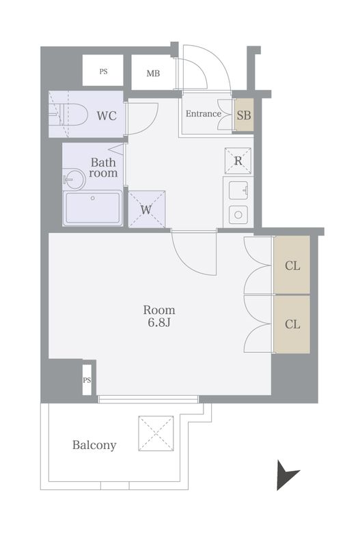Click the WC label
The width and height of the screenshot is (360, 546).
106,115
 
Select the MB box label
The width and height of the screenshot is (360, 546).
153,73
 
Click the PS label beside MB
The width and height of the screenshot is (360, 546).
103,71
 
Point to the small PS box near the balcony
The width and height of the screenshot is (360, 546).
87,380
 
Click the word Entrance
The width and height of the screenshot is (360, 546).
204,114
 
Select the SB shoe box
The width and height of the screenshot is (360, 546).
244,115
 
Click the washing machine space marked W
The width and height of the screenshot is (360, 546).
146,210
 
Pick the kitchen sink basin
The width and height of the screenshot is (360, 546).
238,189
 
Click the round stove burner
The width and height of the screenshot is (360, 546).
238,214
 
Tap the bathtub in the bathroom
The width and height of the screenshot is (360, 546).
92,207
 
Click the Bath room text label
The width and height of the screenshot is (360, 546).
104,168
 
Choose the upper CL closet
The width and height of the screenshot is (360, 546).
292,265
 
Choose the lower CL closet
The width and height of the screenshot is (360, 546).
292,324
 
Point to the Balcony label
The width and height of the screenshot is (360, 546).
94,446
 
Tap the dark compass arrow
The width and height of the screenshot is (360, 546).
286,475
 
